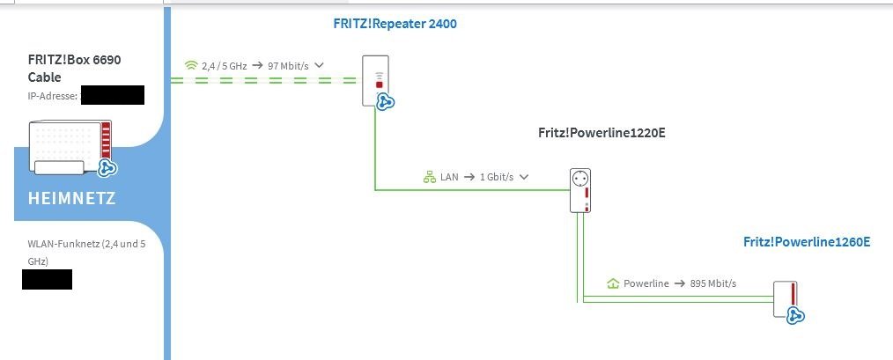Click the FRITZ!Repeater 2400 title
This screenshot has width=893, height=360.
(x=395, y=24)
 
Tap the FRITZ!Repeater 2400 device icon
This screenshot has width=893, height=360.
(x=375, y=80)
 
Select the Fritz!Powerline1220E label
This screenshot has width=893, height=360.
(x=607, y=134)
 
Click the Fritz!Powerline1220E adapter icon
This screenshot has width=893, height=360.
(x=579, y=190)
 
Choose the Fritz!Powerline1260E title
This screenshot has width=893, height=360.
(x=807, y=242)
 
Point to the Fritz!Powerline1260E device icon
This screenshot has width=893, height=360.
(x=786, y=299)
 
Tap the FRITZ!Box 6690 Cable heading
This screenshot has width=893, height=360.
(x=75, y=69)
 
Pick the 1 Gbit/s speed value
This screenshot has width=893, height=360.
(x=497, y=177)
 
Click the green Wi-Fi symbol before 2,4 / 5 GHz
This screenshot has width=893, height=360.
(x=191, y=65)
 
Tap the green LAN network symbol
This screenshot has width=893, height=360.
(x=430, y=177)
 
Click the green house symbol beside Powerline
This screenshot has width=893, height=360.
(x=614, y=283)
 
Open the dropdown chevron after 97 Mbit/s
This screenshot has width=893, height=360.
(x=319, y=65)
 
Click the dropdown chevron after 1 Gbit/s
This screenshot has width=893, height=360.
(x=524, y=177)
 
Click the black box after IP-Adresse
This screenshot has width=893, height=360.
(x=112, y=95)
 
